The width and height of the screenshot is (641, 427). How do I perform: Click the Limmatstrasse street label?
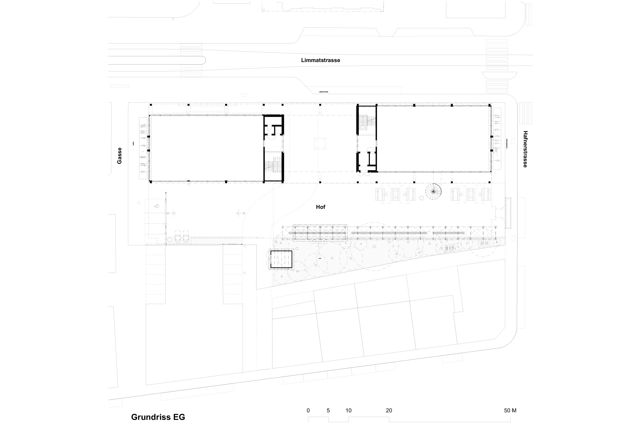pos(320,60)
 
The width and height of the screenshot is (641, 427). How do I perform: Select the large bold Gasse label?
pos(119,156)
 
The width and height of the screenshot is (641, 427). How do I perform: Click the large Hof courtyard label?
pos(320,207)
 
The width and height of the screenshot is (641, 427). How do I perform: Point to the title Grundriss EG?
pos(158,417)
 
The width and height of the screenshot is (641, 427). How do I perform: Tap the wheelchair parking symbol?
pos(157,206)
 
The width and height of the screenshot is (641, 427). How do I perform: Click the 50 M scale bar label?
pos(510,410)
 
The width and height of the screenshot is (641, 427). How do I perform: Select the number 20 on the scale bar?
pos(389,410)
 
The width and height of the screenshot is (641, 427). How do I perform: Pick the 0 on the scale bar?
pos(308,410)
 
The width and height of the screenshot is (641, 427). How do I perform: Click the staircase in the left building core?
pos(273,165)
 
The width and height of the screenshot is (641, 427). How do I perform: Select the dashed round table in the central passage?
pos(320,143)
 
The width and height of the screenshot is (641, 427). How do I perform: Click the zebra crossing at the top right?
pos(497,54)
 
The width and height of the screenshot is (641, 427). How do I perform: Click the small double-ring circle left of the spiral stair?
pos(421,198)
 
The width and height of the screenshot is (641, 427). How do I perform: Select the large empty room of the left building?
pos(206,148)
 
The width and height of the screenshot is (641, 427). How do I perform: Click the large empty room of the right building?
pos(433,139)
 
